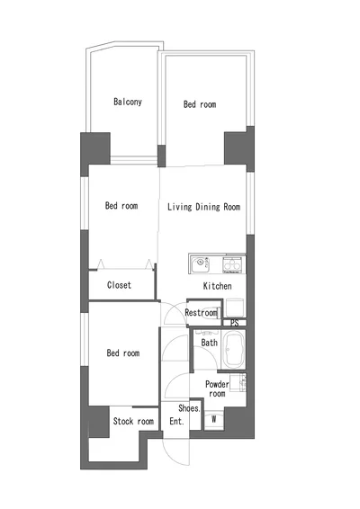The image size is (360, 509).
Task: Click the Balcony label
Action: pyautogui.click(x=128, y=102)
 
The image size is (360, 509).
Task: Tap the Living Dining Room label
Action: pyautogui.click(x=203, y=207)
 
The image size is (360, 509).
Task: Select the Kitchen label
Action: pyautogui.click(x=218, y=286)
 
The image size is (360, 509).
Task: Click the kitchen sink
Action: pyautogui.click(x=200, y=264)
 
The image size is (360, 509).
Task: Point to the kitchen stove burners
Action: pyautogui.click(x=232, y=264)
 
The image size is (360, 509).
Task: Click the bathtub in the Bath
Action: pyautogui.click(x=233, y=350)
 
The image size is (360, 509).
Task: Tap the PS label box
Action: pyautogui.click(x=234, y=323)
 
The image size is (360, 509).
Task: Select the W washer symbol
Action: pyautogui.click(x=214, y=420)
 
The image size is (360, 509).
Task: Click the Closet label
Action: pyautogui.click(x=119, y=285)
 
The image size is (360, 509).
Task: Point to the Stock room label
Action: pyautogui.click(x=133, y=422)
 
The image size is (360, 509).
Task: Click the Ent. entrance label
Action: pyautogui.click(x=176, y=422)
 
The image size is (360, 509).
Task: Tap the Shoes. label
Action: pyautogui.click(x=189, y=408)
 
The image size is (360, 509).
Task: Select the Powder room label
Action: pyautogui.click(x=217, y=388)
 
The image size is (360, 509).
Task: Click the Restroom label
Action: pyautogui.click(x=201, y=313)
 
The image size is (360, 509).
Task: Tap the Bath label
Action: pyautogui.click(x=209, y=343)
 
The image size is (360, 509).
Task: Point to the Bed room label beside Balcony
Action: pyautogui.click(x=200, y=104)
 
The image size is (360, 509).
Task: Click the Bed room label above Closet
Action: pyautogui.click(x=121, y=205)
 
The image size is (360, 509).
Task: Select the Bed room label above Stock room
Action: pyautogui.click(x=123, y=353)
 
